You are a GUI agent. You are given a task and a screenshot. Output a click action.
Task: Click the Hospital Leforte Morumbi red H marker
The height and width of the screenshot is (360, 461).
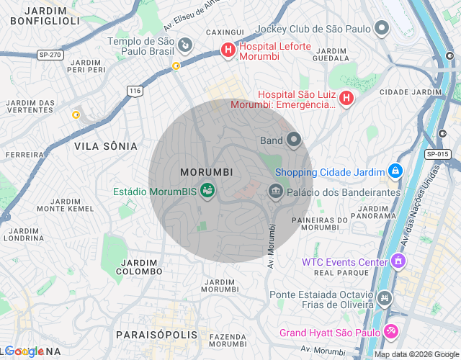pyautogui.click(x=228, y=50)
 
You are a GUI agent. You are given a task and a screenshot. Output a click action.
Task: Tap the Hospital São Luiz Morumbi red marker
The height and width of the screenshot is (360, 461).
pyautogui.click(x=346, y=98)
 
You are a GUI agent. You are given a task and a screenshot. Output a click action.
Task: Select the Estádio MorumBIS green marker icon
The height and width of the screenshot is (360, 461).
pyautogui.click(x=207, y=191)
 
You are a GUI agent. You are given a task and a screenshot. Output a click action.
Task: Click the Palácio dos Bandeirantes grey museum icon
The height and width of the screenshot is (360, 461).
pyautogui.click(x=274, y=192)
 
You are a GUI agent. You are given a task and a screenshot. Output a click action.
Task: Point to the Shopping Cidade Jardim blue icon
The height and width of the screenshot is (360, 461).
pyautogui.click(x=395, y=171)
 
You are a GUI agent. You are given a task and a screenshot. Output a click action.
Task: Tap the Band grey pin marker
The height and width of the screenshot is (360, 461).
pyautogui.click(x=293, y=139)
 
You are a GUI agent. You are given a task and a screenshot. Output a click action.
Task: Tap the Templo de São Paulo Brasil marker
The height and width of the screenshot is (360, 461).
pyautogui.click(x=185, y=48)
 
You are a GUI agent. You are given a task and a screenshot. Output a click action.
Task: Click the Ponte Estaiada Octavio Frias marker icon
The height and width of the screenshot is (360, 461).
pyautogui.click(x=385, y=297)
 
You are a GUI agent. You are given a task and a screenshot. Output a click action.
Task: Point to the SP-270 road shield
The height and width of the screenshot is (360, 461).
pyautogui.click(x=48, y=55)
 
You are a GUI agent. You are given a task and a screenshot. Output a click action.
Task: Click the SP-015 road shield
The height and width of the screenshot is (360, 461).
pyautogui.click(x=437, y=154)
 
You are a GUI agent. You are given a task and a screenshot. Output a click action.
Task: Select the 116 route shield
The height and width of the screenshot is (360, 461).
pyautogui.click(x=135, y=91)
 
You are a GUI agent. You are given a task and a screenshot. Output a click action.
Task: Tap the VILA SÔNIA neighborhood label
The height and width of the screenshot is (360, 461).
pyautogui.click(x=105, y=146)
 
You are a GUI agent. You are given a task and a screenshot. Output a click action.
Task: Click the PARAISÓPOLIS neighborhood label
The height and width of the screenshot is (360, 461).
pyautogui.click(x=156, y=335)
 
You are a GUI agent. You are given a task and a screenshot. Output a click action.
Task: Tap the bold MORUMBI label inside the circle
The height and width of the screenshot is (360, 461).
pyautogui.click(x=206, y=173)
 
